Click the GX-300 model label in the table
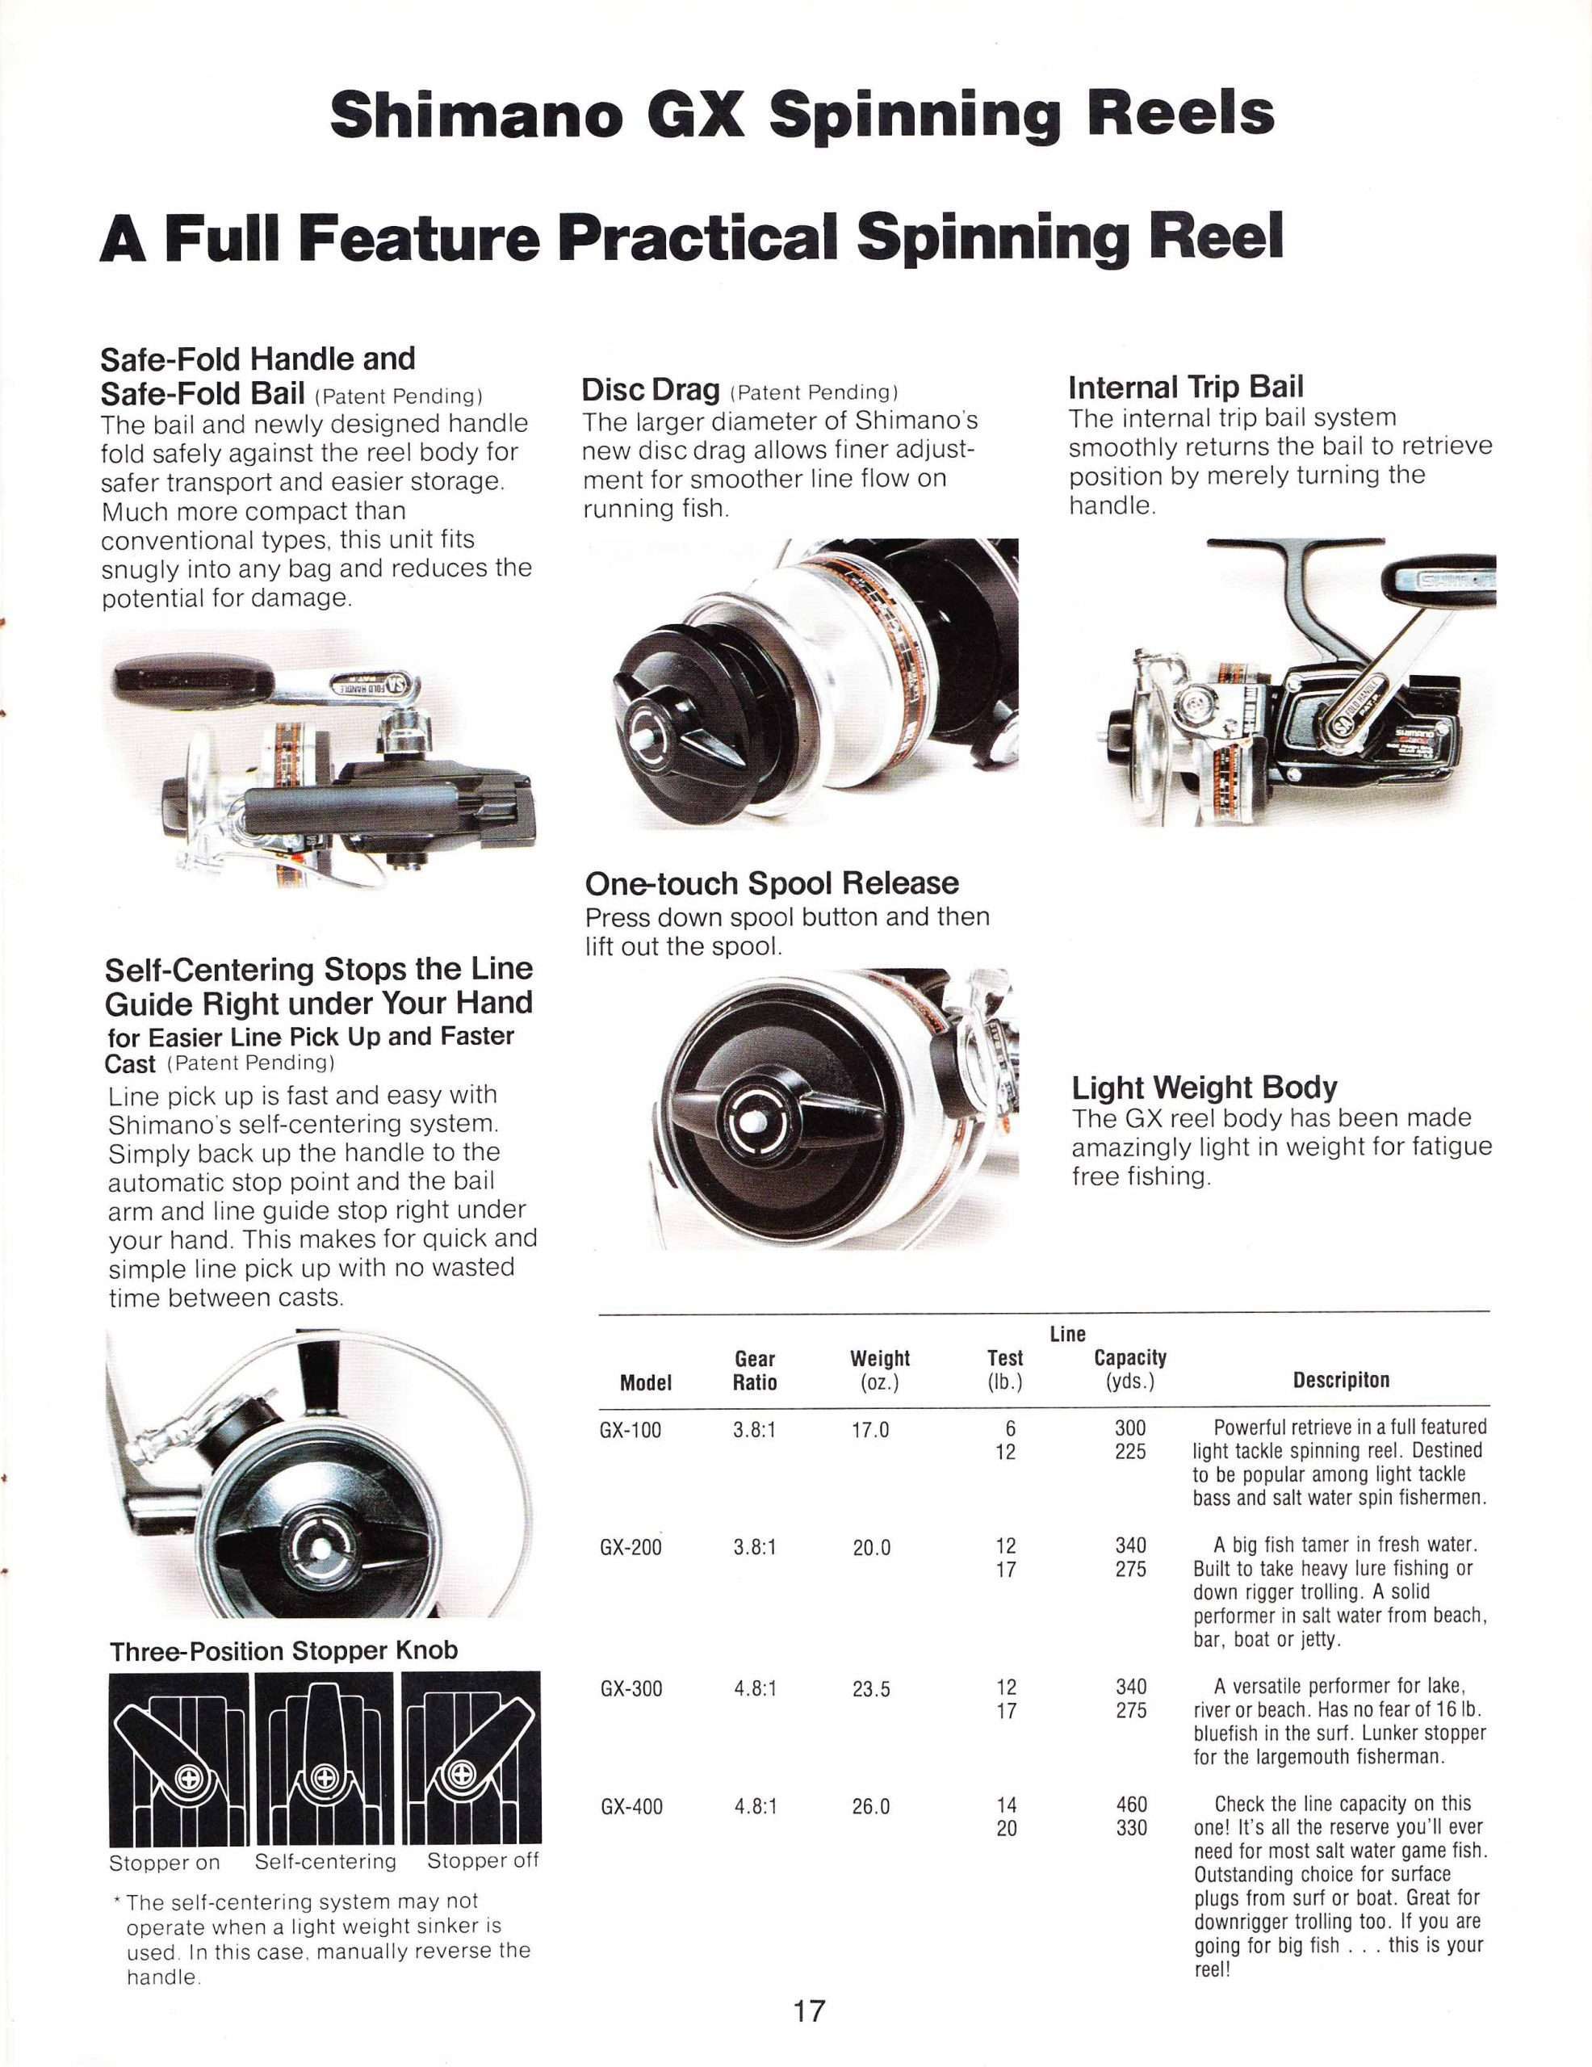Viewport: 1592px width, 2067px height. (x=631, y=1688)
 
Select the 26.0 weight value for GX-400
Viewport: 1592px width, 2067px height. (x=871, y=1807)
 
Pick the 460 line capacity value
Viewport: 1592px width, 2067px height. (x=1131, y=1804)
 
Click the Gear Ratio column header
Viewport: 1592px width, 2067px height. (x=754, y=1370)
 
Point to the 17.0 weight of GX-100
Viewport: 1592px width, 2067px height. (x=871, y=1430)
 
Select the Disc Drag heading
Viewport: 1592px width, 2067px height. (x=650, y=390)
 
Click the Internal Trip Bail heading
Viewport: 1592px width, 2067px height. (x=1185, y=387)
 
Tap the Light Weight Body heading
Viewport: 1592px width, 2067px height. (x=1204, y=1088)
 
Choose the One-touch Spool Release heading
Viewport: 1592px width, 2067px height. (x=772, y=883)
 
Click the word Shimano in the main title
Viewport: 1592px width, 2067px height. (x=476, y=115)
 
